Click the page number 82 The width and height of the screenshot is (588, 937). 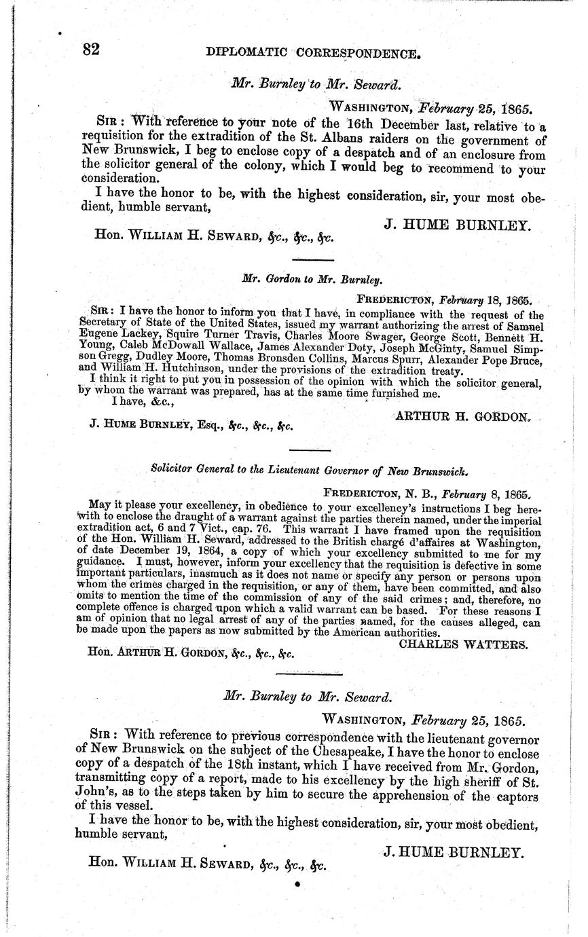92,49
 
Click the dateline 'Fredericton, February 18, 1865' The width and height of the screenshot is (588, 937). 445,299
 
